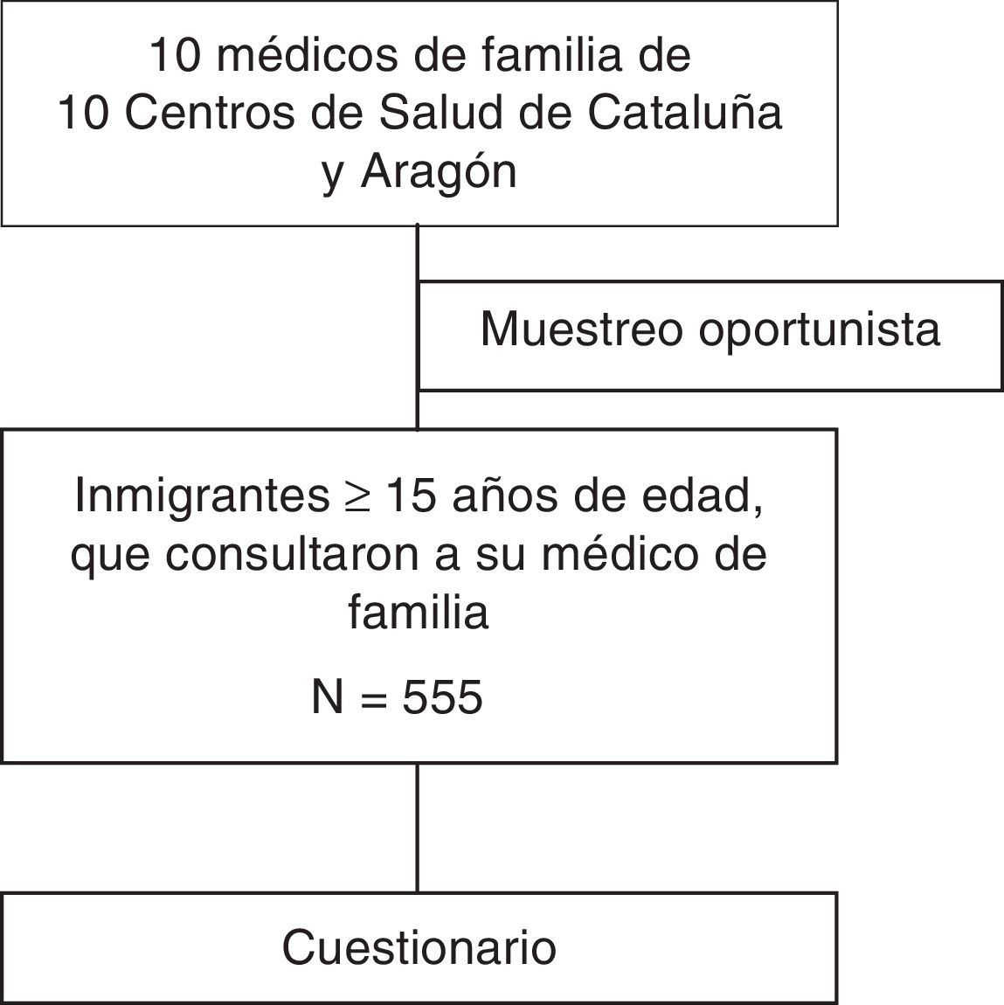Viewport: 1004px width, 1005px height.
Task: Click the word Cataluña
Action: point(683,113)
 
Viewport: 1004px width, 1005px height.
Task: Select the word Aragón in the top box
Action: point(438,171)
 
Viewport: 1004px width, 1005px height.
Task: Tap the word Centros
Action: point(207,113)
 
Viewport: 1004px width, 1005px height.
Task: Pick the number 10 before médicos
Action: point(173,55)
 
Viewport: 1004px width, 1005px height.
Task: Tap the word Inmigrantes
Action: point(201,496)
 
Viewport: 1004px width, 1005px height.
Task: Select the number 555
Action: point(442,697)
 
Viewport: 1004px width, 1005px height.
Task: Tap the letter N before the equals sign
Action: point(328,697)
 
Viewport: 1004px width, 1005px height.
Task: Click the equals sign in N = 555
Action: point(374,698)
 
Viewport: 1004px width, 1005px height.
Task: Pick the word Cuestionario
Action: point(419,947)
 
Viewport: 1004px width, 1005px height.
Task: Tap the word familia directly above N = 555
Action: point(418,612)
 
